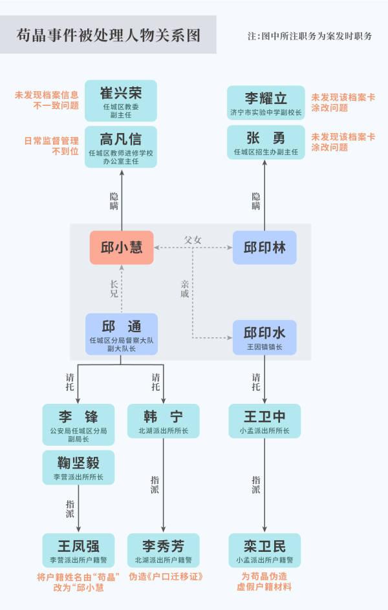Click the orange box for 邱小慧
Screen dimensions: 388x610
tap(122, 247)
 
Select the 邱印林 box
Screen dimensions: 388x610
tap(264, 247)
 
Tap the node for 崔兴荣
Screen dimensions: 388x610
tap(121, 101)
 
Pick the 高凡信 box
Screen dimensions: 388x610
tap(121, 147)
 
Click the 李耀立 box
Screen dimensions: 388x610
tap(266, 103)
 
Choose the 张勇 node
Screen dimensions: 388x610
tap(266, 142)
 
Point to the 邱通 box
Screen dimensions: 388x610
tap(122, 334)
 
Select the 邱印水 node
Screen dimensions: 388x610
tap(264, 337)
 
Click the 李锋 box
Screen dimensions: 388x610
tap(78, 425)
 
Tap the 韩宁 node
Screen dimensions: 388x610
tap(164, 421)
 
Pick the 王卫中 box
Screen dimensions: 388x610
tap(264, 421)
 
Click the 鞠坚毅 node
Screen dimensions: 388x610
tap(78, 468)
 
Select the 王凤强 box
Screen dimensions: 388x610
tap(78, 550)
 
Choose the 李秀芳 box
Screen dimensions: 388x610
tap(164, 550)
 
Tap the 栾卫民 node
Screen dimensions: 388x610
tap(264, 550)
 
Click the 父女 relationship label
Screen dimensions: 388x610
tap(193, 240)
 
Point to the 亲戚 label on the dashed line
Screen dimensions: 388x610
tap(185, 289)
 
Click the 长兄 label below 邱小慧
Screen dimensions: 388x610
tap(114, 289)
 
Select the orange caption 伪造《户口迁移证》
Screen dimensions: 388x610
tap(166, 576)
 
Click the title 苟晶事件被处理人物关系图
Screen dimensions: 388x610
tap(108, 36)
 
